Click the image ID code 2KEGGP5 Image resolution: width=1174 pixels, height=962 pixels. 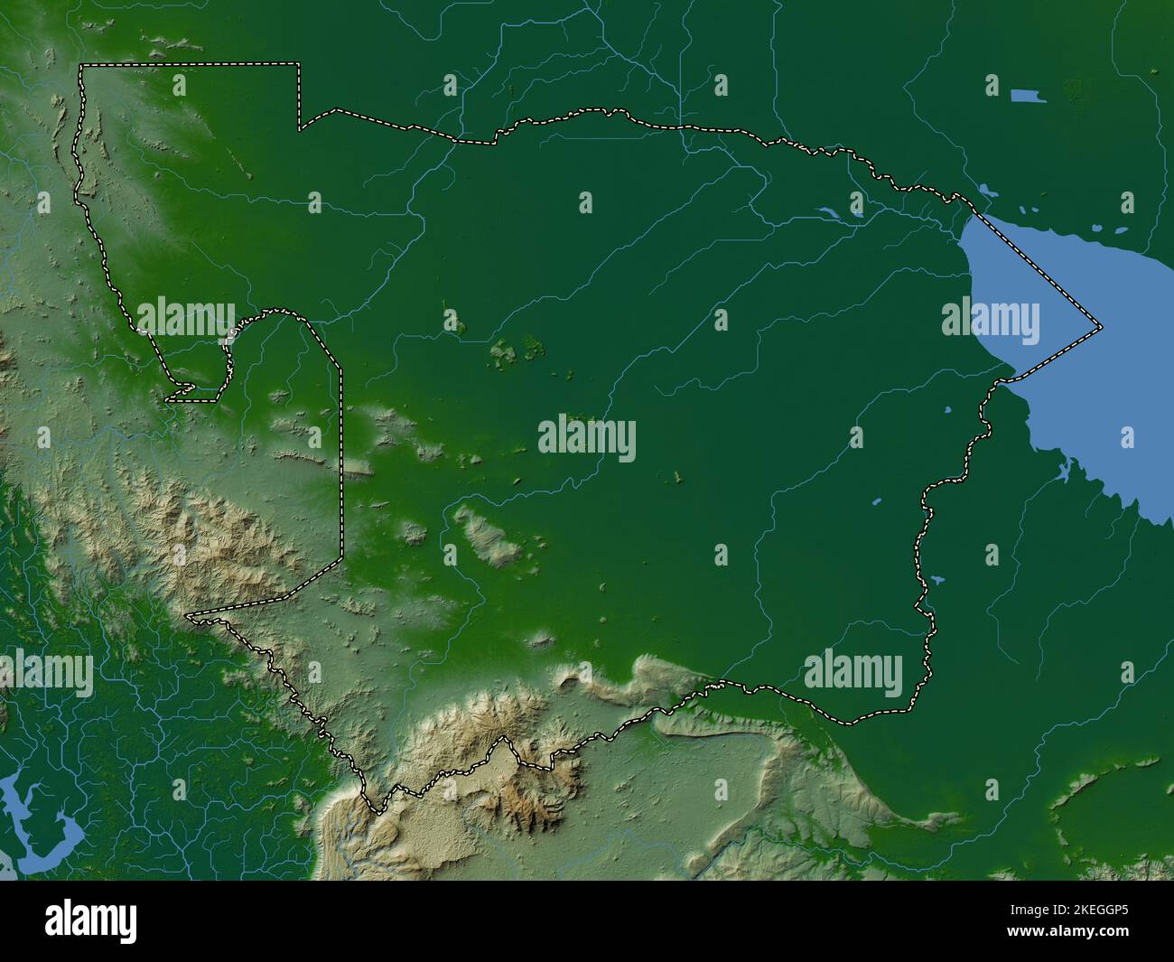tap(1085, 910)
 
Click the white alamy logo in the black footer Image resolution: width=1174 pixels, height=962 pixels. tap(91, 921)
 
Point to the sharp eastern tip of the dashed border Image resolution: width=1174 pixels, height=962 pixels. tap(1102, 325)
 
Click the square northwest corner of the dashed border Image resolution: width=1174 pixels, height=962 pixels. tap(81, 65)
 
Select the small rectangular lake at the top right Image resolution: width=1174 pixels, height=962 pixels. tap(1029, 96)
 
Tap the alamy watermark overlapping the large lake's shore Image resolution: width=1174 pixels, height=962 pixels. tap(990, 322)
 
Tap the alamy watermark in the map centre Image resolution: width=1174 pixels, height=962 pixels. tap(587, 438)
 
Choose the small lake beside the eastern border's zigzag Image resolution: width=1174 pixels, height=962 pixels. tap(935, 580)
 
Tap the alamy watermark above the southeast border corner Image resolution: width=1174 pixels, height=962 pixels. tap(853, 674)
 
